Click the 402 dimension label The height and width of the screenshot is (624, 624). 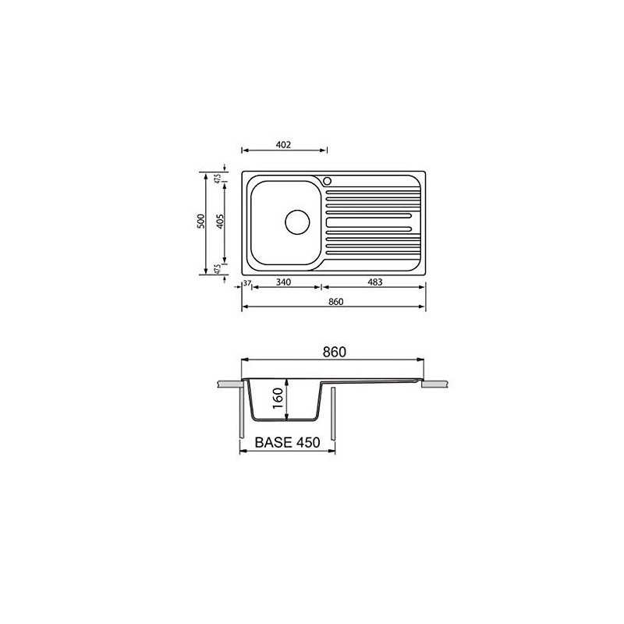pos(283,145)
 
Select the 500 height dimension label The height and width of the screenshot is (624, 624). pos(201,221)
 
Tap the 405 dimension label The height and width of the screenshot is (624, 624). pos(220,222)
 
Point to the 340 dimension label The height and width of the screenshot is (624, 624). pos(283,282)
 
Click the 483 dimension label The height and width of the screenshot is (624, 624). pos(375,282)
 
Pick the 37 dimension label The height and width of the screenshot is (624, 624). pos(247,283)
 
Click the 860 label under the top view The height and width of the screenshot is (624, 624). pos(336,302)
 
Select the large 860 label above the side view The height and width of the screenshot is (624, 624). pos(335,353)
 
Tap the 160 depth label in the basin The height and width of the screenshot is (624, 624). pos(278,398)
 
